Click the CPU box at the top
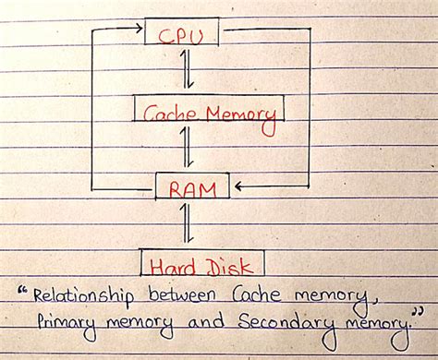tap(183, 34)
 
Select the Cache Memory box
tap(207, 113)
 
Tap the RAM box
tap(193, 188)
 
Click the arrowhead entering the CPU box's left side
tap(139, 30)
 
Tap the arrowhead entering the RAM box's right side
tap(238, 187)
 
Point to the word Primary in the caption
tap(69, 324)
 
